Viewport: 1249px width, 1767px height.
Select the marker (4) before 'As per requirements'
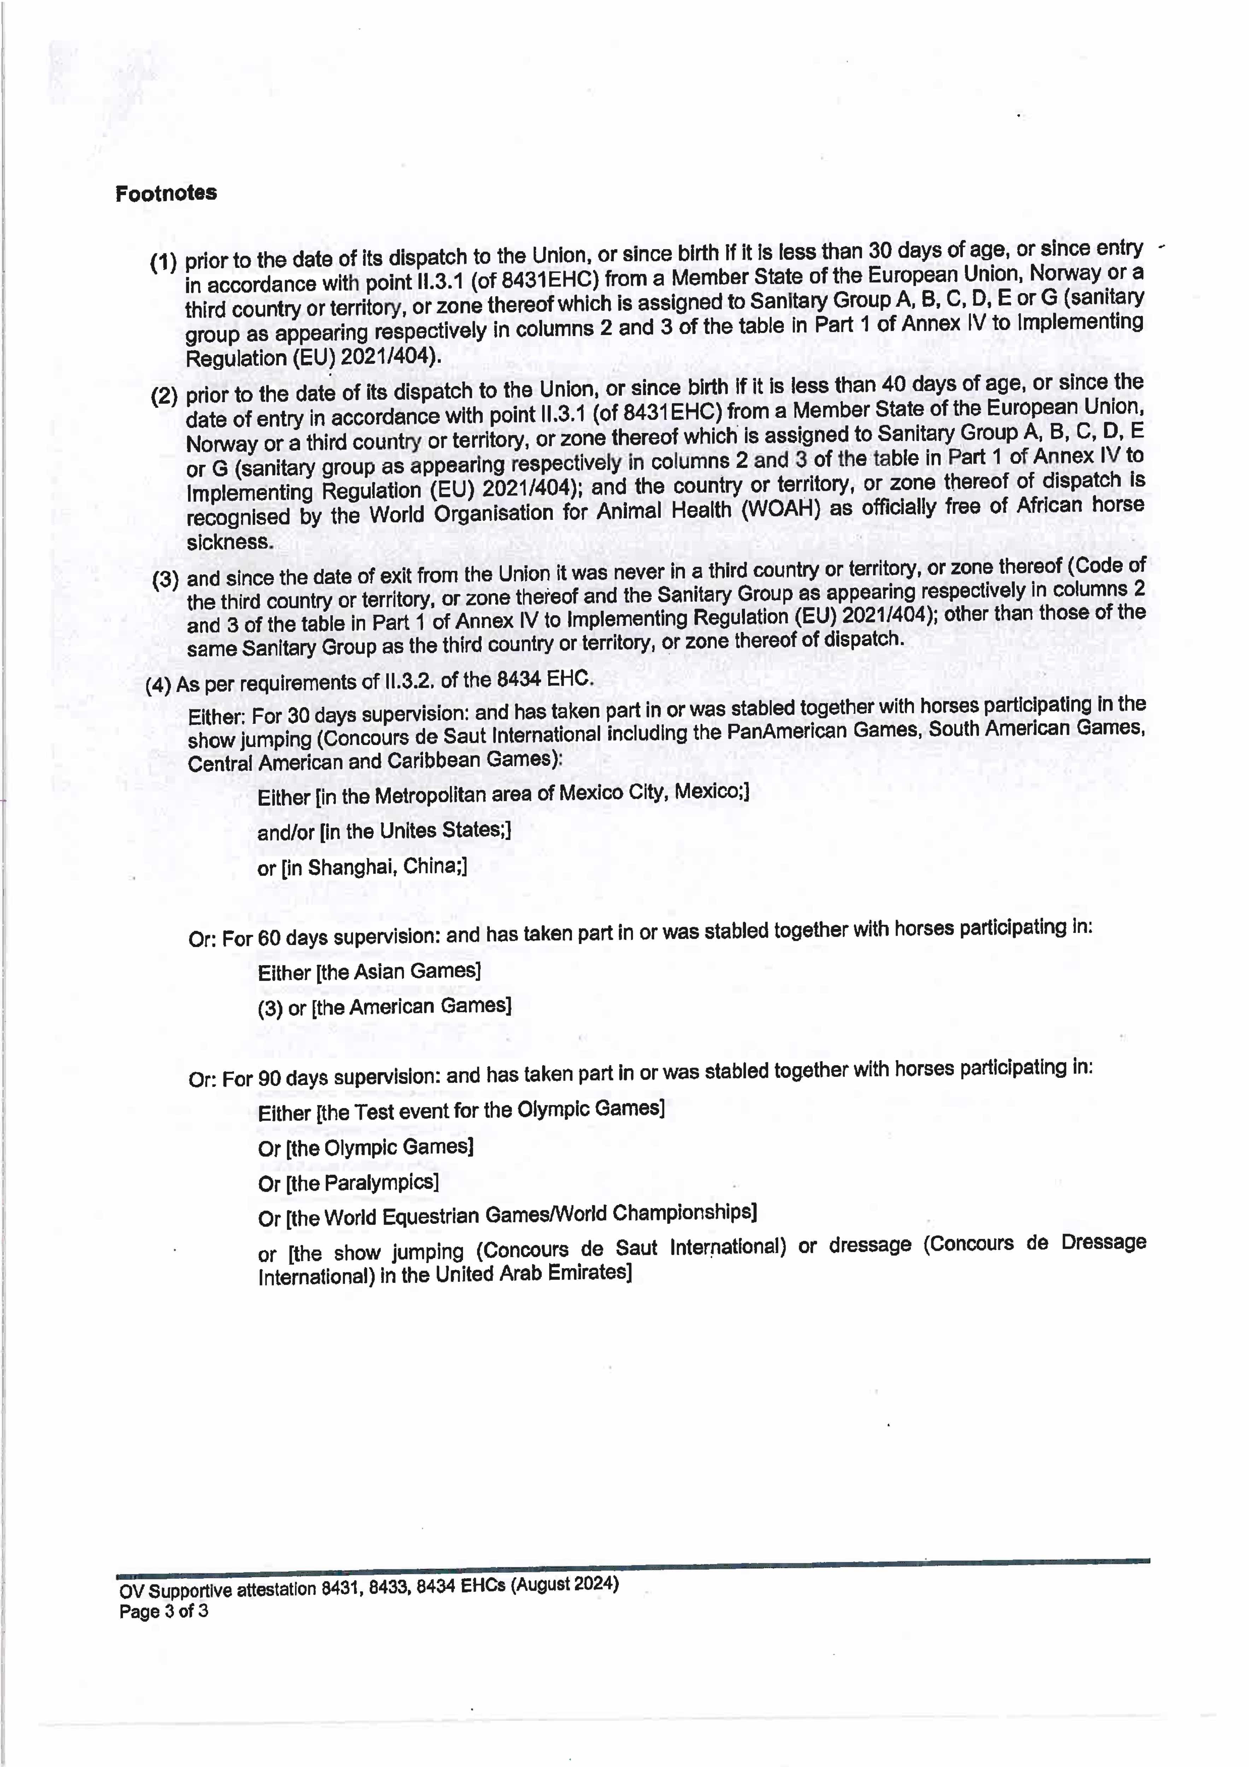tap(158, 685)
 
